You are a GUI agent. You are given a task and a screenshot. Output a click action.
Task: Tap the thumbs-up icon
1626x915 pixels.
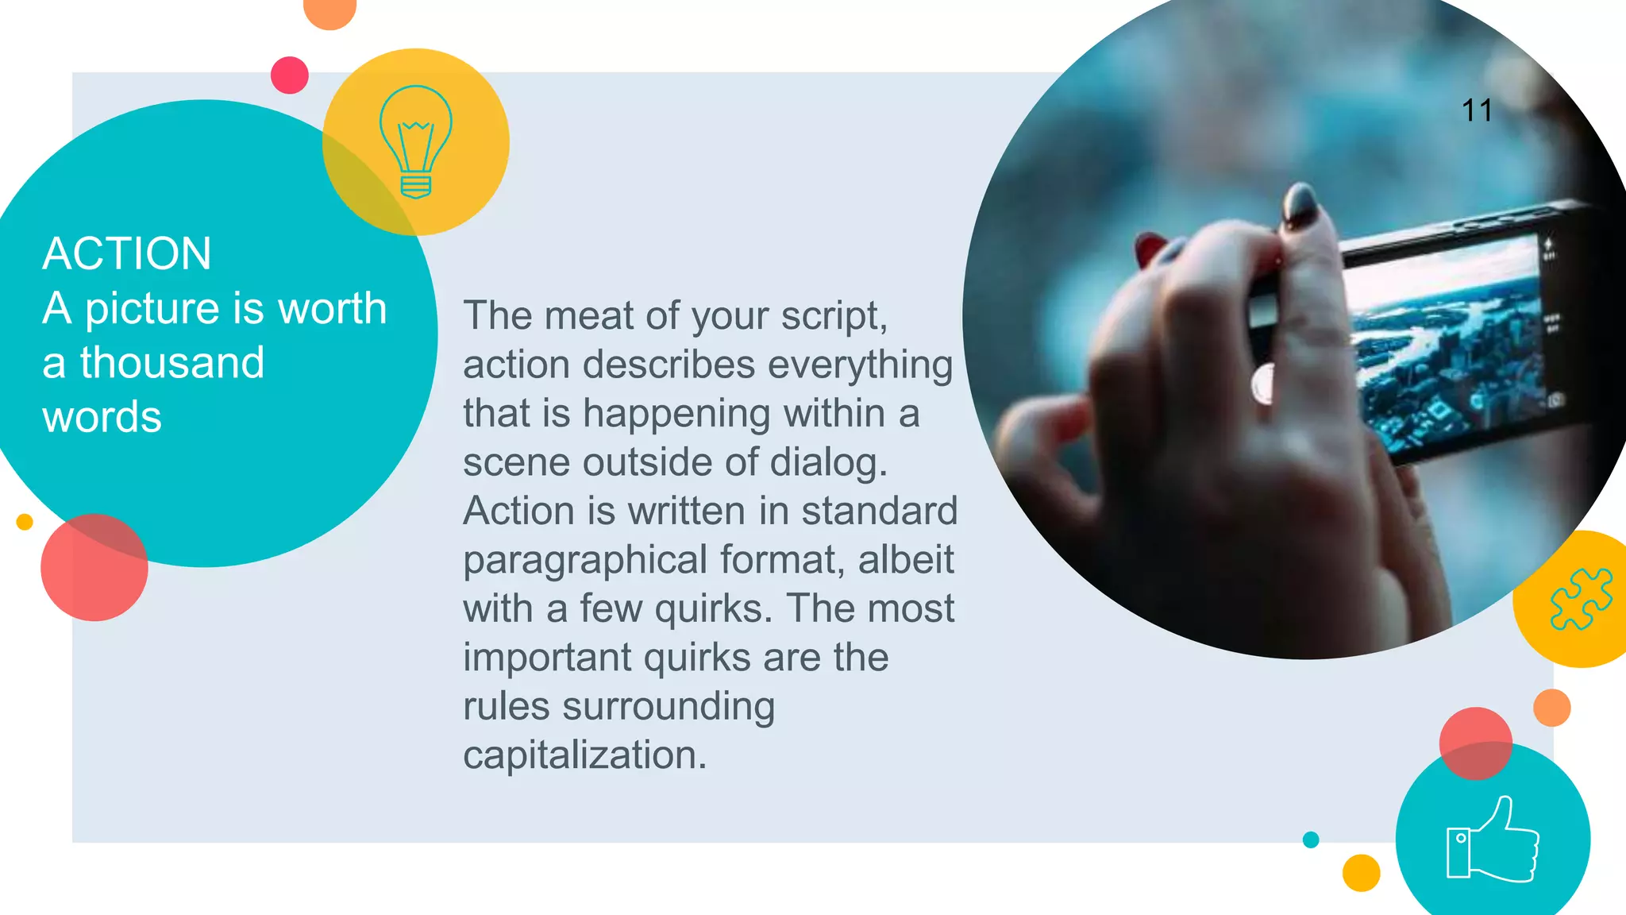(x=1493, y=841)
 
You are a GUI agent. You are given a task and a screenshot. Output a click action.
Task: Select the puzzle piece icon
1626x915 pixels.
(x=1581, y=599)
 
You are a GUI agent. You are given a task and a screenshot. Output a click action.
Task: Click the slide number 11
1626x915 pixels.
(x=1477, y=111)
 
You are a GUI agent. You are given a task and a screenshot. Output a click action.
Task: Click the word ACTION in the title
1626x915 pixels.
(x=127, y=254)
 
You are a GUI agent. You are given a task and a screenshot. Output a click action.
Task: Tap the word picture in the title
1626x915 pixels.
(x=152, y=309)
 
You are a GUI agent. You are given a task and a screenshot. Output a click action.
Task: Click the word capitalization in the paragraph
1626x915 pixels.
(x=584, y=755)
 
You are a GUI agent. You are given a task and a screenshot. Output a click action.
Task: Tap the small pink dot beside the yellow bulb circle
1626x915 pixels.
(x=290, y=75)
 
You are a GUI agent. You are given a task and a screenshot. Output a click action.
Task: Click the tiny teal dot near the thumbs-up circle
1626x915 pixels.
(x=1311, y=840)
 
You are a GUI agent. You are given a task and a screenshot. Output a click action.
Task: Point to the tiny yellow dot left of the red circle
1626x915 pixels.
(x=25, y=522)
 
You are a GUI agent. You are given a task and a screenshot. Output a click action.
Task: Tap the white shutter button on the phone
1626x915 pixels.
(x=1263, y=384)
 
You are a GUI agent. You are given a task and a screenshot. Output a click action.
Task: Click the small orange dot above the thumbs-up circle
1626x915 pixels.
(x=1551, y=708)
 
